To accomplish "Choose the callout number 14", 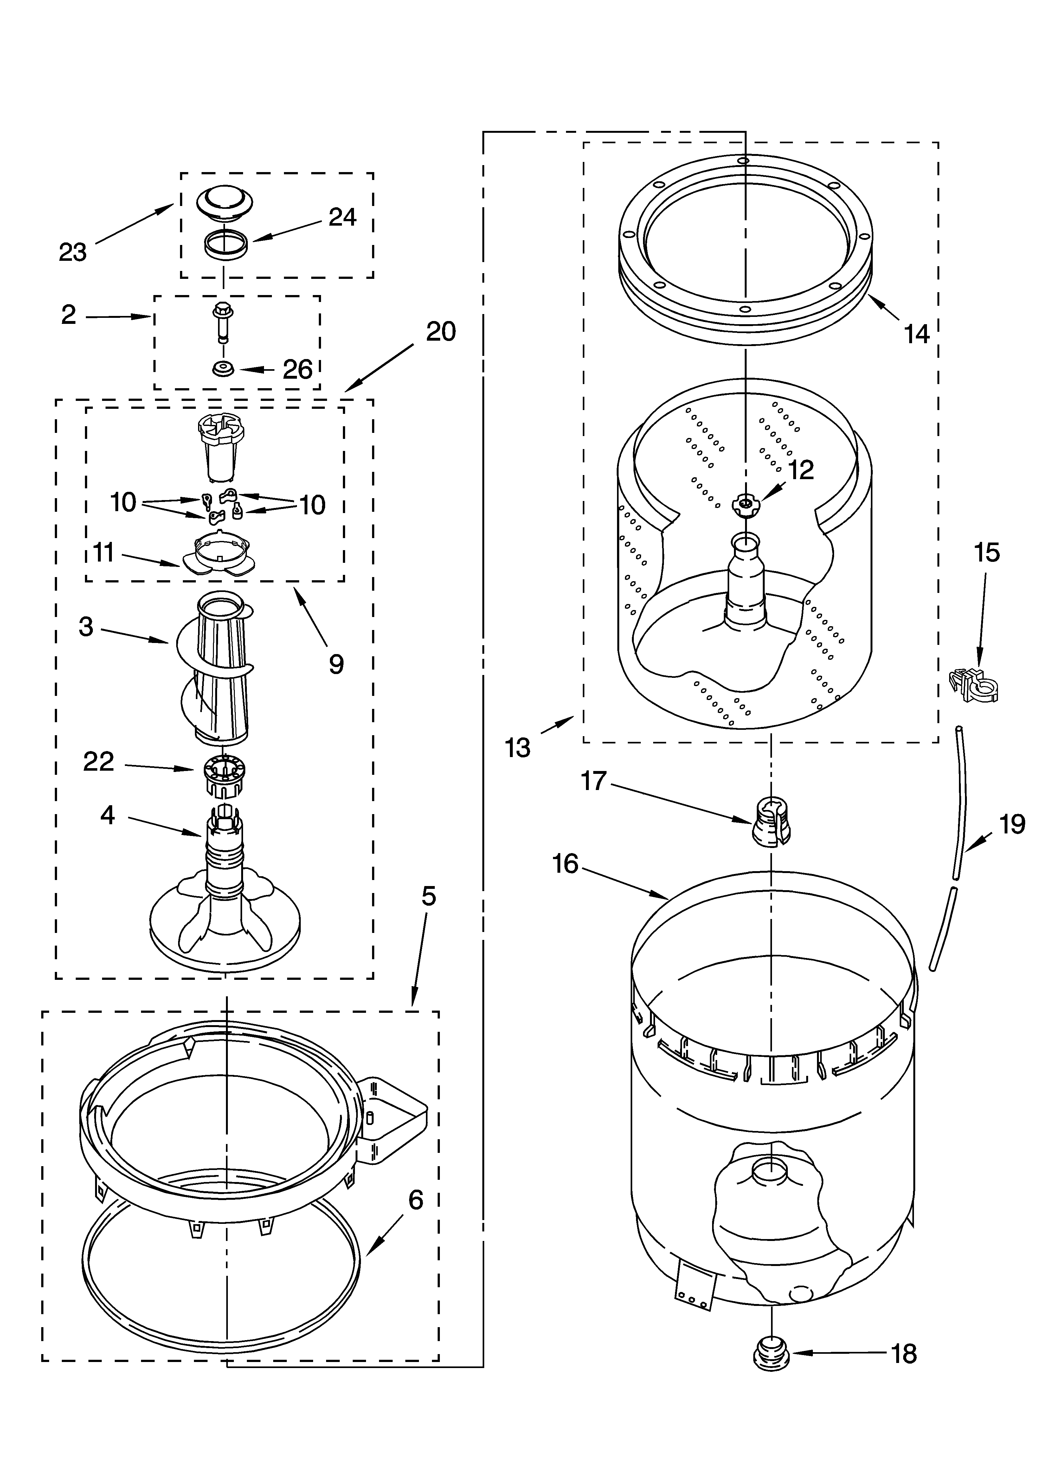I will pos(916,334).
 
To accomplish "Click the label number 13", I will pos(518,747).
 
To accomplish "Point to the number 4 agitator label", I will pos(107,815).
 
